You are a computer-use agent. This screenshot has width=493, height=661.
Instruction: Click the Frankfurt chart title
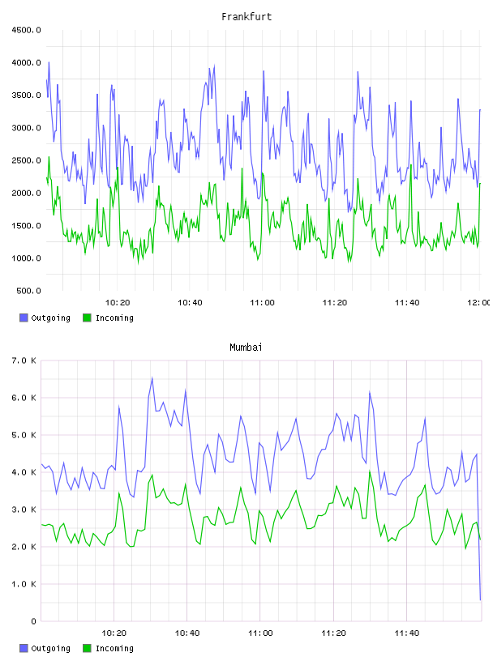[246, 17]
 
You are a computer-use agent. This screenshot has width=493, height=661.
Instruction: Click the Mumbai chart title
[246, 348]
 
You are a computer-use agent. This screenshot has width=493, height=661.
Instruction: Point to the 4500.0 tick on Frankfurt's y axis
[26, 30]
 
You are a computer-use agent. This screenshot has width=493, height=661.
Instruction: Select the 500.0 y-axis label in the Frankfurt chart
[28, 291]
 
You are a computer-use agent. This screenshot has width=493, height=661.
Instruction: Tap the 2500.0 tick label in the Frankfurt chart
[26, 160]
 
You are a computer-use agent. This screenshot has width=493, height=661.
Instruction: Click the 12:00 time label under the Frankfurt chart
[478, 303]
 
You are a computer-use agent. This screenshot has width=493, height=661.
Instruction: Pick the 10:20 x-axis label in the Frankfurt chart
[118, 303]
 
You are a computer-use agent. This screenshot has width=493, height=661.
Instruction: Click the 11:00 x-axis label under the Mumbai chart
[260, 633]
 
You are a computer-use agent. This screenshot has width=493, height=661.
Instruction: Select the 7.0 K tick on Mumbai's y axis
[24, 360]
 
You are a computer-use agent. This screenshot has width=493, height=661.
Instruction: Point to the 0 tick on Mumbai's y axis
[33, 621]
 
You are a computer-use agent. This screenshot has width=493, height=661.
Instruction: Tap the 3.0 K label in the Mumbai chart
[24, 510]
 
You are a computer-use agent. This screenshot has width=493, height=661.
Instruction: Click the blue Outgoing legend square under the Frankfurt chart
[24, 318]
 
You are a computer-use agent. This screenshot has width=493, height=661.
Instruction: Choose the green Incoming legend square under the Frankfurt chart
[87, 318]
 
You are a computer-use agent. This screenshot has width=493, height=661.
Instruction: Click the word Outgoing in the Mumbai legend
[50, 648]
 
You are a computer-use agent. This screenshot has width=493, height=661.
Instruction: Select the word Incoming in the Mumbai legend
[114, 648]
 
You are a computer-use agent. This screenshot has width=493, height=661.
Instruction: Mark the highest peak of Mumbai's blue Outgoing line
[152, 378]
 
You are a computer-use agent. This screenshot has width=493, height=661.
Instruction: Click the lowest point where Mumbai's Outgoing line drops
[480, 599]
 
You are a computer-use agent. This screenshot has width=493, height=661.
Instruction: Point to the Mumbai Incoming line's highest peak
[370, 471]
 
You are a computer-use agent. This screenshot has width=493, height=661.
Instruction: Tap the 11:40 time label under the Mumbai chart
[407, 633]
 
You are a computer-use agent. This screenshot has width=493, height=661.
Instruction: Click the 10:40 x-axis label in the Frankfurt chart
[190, 303]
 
